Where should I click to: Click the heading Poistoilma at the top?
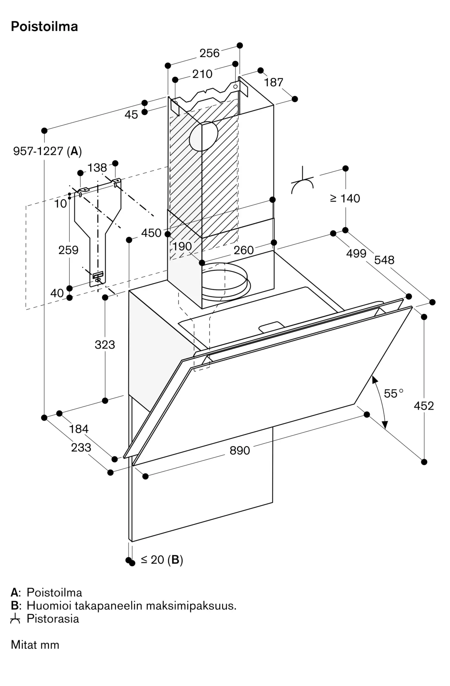tap(45, 26)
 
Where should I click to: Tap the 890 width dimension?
tap(240, 450)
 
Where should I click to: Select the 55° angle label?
tap(393, 393)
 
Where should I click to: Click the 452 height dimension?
tap(424, 406)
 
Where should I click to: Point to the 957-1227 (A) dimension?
tap(47, 151)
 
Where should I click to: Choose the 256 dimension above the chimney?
tap(209, 53)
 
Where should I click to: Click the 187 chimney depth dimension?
tap(274, 82)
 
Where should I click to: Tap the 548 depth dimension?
tap(384, 260)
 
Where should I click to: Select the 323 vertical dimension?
tap(105, 345)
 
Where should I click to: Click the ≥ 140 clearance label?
tap(345, 198)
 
